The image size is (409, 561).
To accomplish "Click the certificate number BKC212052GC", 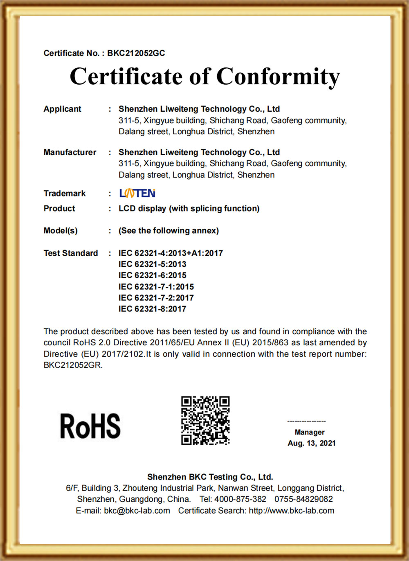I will pyautogui.click(x=136, y=53).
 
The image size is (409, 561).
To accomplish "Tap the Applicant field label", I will pyautogui.click(x=62, y=109).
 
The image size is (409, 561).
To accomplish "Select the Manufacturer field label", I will pyautogui.click(x=70, y=152).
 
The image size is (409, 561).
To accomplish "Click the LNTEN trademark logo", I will pyautogui.click(x=137, y=193).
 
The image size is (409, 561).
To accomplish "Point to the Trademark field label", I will pyautogui.click(x=65, y=194).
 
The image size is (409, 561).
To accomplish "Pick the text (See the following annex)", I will pyautogui.click(x=169, y=231).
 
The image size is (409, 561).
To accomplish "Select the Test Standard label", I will pyautogui.click(x=71, y=253).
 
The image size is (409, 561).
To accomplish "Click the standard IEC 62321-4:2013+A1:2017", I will pyautogui.click(x=171, y=253).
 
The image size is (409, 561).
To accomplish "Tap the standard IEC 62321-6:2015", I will pyautogui.click(x=152, y=275).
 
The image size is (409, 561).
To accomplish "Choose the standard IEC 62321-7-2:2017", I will pyautogui.click(x=156, y=298).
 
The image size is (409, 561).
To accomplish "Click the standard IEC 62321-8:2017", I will pyautogui.click(x=152, y=309).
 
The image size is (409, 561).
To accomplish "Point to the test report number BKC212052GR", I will pyautogui.click(x=72, y=365).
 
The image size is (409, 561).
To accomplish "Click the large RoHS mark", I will pyautogui.click(x=90, y=426).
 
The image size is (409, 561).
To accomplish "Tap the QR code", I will pyautogui.click(x=205, y=420).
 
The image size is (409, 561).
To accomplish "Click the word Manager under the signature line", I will pyautogui.click(x=310, y=432).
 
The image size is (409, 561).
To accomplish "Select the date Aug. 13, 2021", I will pyautogui.click(x=311, y=443).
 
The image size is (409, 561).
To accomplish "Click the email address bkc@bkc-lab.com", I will pyautogui.click(x=137, y=511).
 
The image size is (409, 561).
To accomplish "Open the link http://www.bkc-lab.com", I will pyautogui.click(x=292, y=511).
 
